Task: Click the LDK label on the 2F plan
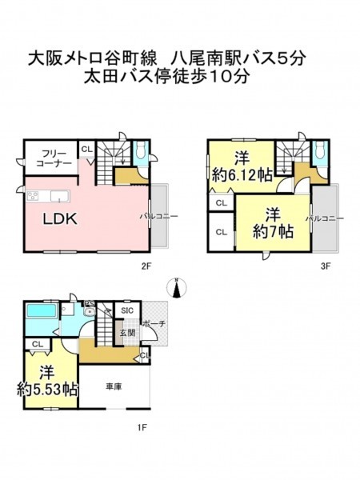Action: pos(59,219)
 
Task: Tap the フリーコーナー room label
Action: pos(54,158)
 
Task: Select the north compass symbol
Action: pos(176,288)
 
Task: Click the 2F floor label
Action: pos(146,266)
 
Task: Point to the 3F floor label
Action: pos(326,266)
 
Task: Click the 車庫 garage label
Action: pos(114,387)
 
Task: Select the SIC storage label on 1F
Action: pos(127,310)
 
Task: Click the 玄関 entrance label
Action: pos(128,333)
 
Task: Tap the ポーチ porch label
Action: pos(154,323)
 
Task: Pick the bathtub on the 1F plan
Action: pos(42,310)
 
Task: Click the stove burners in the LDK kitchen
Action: pos(33,196)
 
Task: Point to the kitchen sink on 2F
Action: pos(60,196)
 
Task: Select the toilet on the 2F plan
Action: pos(141,151)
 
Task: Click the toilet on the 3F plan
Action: pos(320,151)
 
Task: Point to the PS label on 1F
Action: pos(90,303)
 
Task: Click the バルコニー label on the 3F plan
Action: pos(325,218)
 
